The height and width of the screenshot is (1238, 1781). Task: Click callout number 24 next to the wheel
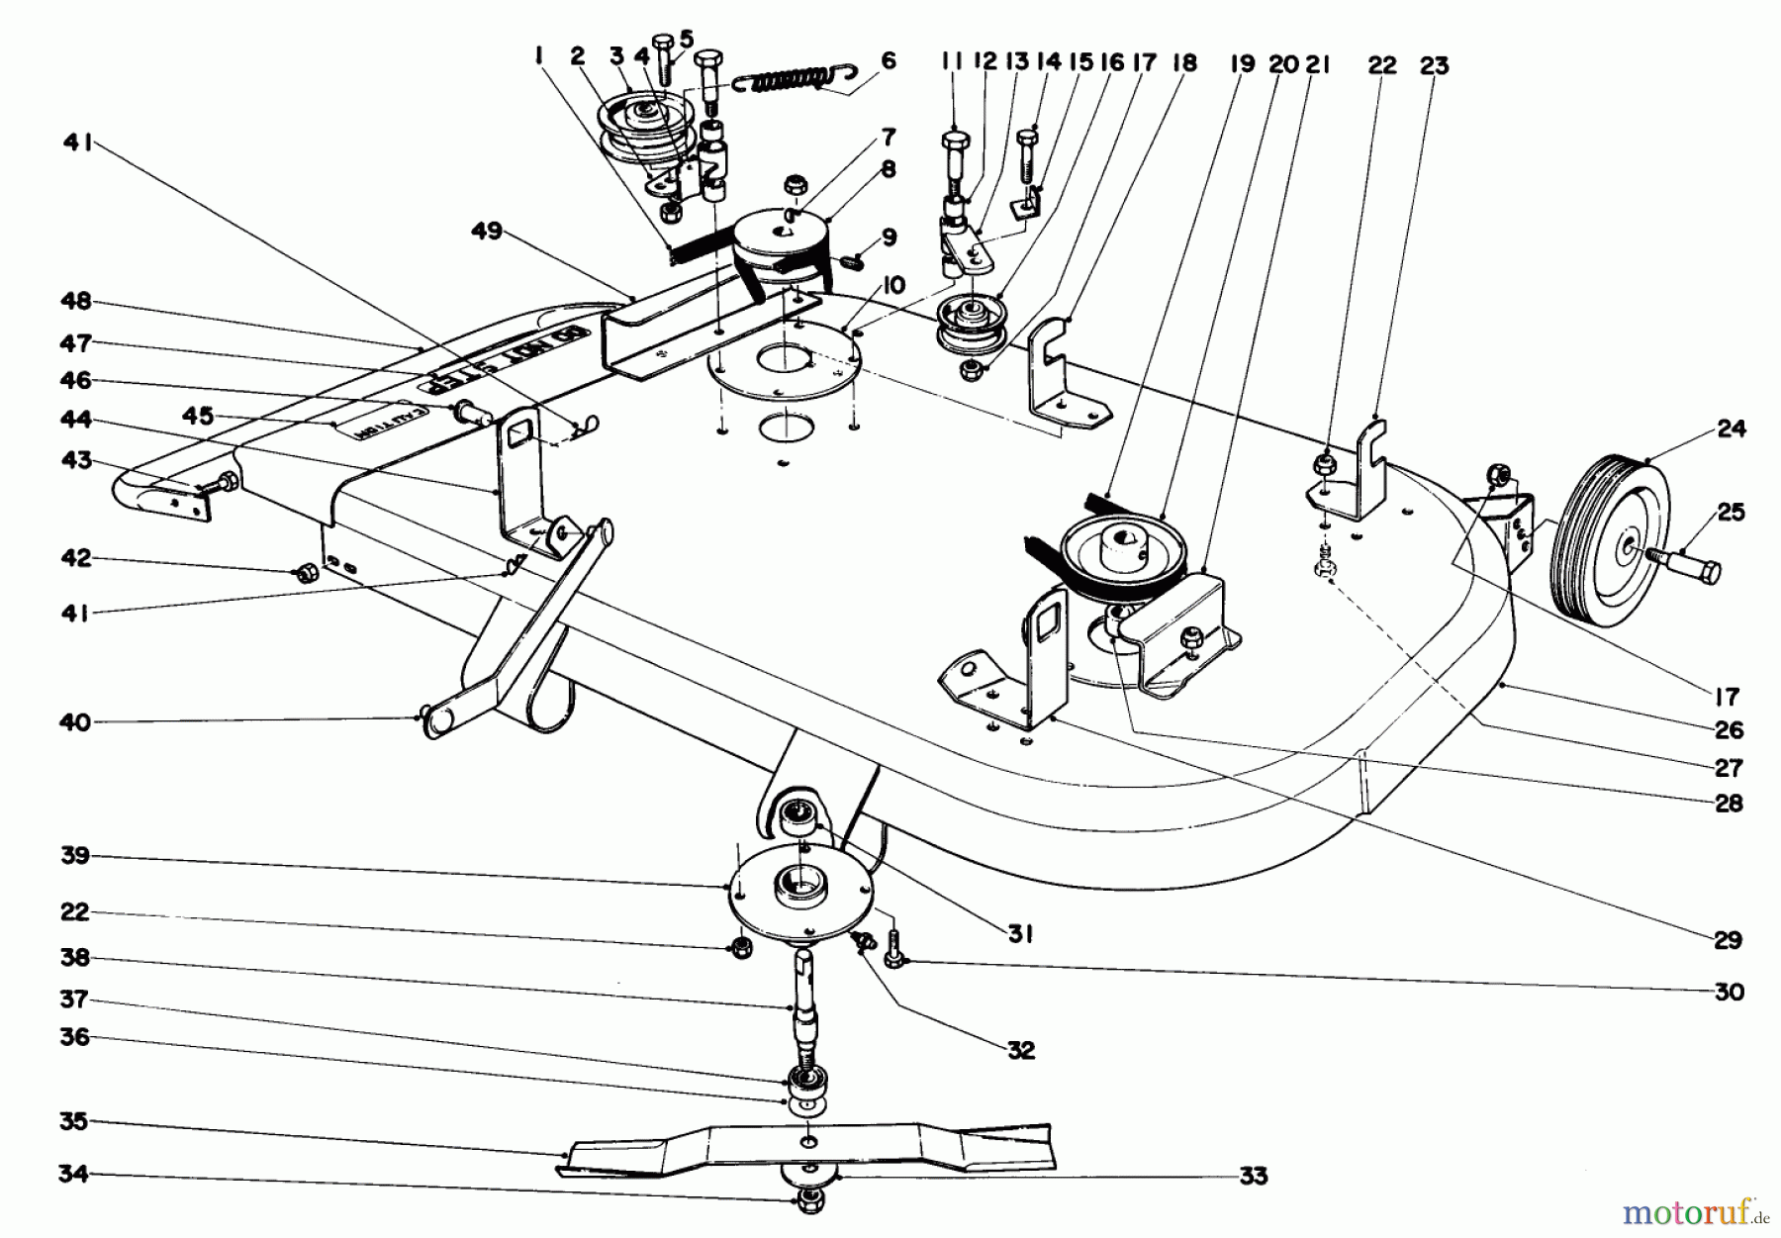coord(1732,429)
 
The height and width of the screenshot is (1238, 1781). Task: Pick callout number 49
coord(487,232)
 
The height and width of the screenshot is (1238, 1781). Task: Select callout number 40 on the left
coord(74,722)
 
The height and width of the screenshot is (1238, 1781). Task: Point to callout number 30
coord(1729,992)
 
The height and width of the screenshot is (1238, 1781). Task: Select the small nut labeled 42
coord(307,571)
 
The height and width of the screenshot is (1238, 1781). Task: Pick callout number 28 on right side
coord(1729,804)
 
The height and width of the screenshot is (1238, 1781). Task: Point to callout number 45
coord(198,416)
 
